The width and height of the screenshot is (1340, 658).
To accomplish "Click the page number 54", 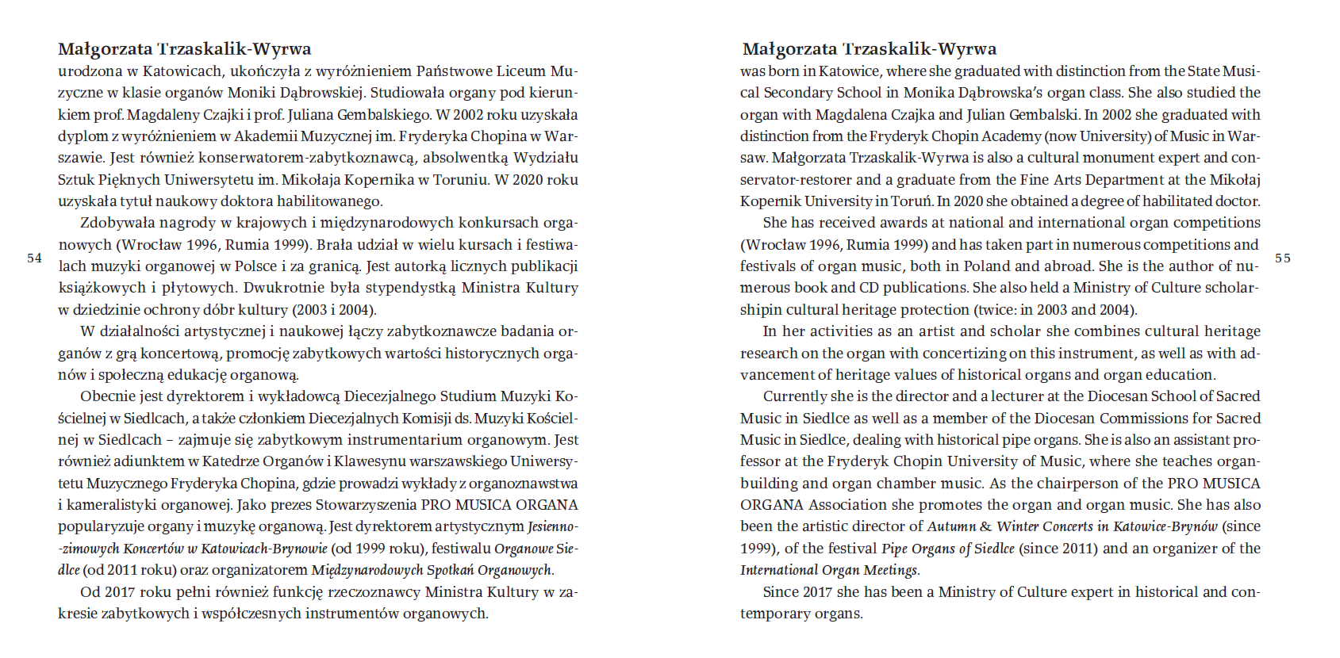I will (x=34, y=258).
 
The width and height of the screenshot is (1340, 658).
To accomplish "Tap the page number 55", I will (x=1283, y=258).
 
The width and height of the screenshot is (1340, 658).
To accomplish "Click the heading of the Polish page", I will (x=184, y=49).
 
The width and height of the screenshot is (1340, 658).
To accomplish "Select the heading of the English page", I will (x=869, y=49).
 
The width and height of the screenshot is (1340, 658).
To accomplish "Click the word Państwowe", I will (x=459, y=71).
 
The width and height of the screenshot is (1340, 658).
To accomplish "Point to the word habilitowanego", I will (x=332, y=201).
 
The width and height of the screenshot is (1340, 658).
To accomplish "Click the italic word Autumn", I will (x=951, y=526).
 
